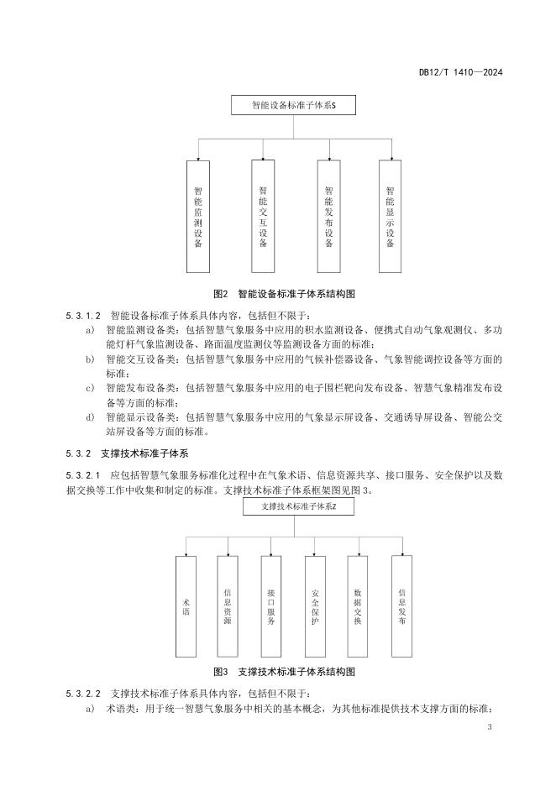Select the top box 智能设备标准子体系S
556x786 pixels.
pyautogui.click(x=294, y=107)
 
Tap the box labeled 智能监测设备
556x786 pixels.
pyautogui.click(x=198, y=216)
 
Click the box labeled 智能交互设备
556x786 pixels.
pyautogui.click(x=263, y=216)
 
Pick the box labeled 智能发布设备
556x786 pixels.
pyautogui.click(x=328, y=216)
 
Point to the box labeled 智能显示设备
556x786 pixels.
pyautogui.click(x=391, y=216)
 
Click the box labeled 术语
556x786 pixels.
pyautogui.click(x=186, y=606)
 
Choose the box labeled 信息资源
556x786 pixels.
pyautogui.click(x=228, y=606)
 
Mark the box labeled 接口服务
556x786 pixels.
pyautogui.click(x=271, y=606)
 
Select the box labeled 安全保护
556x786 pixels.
pyautogui.click(x=314, y=606)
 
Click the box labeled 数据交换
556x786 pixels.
pyautogui.click(x=358, y=606)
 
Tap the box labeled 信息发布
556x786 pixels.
pyautogui.click(x=401, y=606)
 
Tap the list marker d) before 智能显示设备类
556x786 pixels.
pyautogui.click(x=90, y=417)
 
